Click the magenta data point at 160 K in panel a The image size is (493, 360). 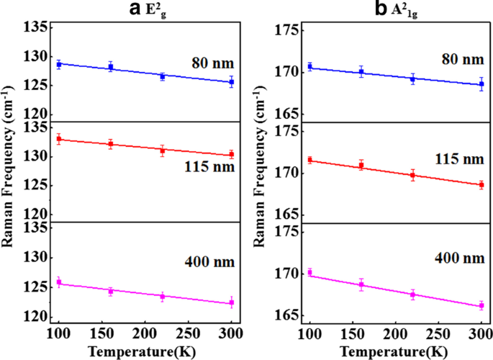(x=111, y=291)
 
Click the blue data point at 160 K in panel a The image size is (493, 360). (x=111, y=67)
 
